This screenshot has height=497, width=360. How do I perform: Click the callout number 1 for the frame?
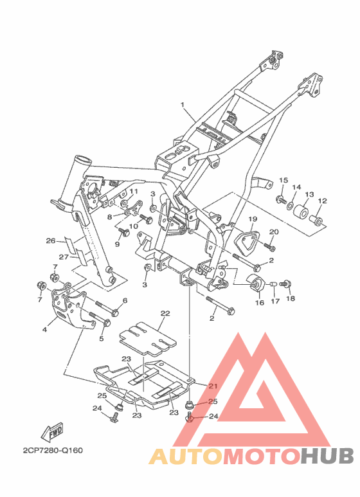tap(183, 105)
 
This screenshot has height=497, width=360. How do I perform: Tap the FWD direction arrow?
tap(53, 431)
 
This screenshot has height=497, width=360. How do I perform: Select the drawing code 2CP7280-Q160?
tap(53, 451)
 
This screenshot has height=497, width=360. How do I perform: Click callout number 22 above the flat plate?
tap(165, 313)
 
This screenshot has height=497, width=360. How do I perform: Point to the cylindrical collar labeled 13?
tap(300, 212)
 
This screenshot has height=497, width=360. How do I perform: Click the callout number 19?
tap(253, 219)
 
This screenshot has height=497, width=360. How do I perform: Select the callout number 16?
tap(260, 303)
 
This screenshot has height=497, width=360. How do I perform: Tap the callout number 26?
tap(51, 240)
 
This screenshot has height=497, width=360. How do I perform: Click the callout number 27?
tap(64, 257)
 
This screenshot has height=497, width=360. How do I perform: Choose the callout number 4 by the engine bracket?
tap(45, 330)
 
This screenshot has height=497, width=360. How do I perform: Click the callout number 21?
tap(213, 386)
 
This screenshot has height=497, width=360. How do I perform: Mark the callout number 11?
tap(134, 191)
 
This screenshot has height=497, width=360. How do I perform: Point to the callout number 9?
tap(117, 244)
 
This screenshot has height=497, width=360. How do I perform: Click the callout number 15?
tap(283, 180)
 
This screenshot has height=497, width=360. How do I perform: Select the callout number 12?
tap(322, 201)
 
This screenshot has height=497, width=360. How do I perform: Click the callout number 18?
tap(291, 298)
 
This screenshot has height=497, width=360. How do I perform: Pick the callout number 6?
tap(125, 300)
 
